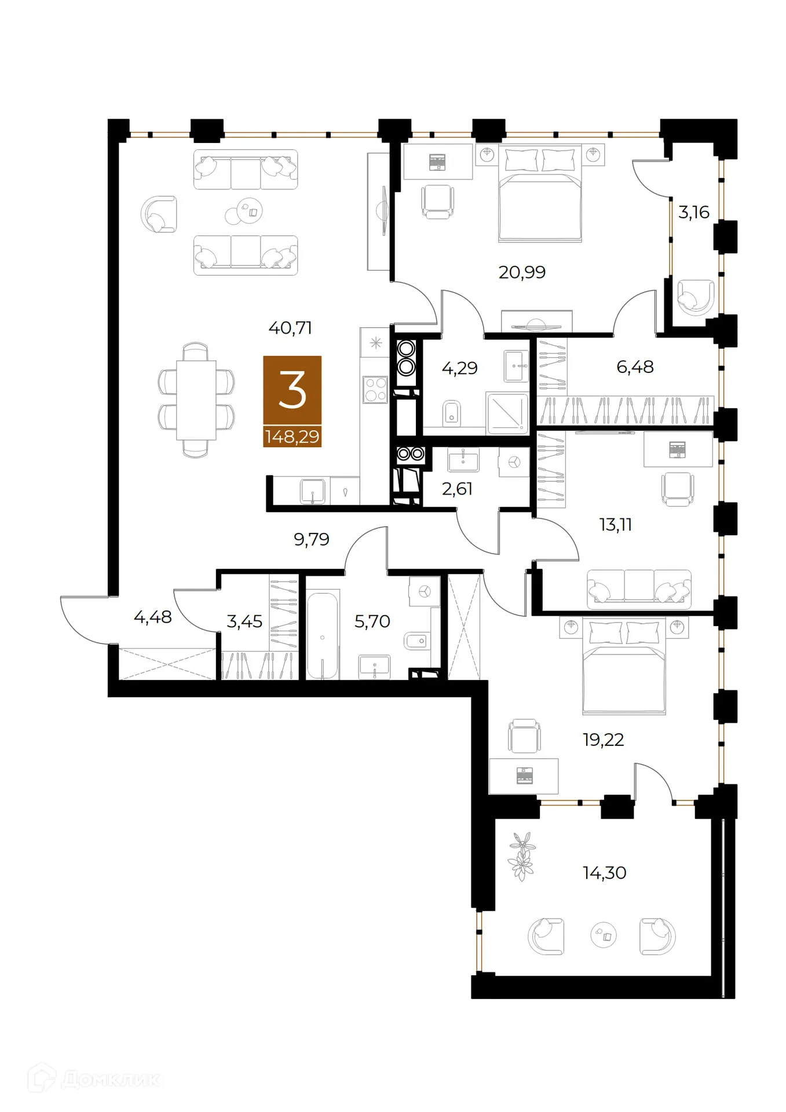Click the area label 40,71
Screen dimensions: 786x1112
point(290,328)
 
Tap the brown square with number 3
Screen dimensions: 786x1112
point(292,390)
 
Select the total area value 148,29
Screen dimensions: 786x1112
point(292,436)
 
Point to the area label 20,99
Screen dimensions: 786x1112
point(522,272)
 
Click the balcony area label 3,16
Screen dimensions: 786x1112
point(694,212)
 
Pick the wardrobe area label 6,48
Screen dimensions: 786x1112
point(635,367)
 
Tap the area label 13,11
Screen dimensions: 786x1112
point(615,525)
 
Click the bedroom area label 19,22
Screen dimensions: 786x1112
point(604,740)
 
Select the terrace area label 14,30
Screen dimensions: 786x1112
point(604,873)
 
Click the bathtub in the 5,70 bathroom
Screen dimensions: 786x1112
point(323,635)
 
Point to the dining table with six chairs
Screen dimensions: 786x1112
point(196,400)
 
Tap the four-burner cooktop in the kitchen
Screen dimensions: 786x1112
point(375,389)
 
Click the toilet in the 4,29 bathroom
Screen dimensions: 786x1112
point(452,413)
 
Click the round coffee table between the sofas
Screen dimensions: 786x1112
point(244,212)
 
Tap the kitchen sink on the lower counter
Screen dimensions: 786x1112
point(312,492)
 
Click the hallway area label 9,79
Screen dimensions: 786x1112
point(312,539)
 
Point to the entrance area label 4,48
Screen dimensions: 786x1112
point(153,617)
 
